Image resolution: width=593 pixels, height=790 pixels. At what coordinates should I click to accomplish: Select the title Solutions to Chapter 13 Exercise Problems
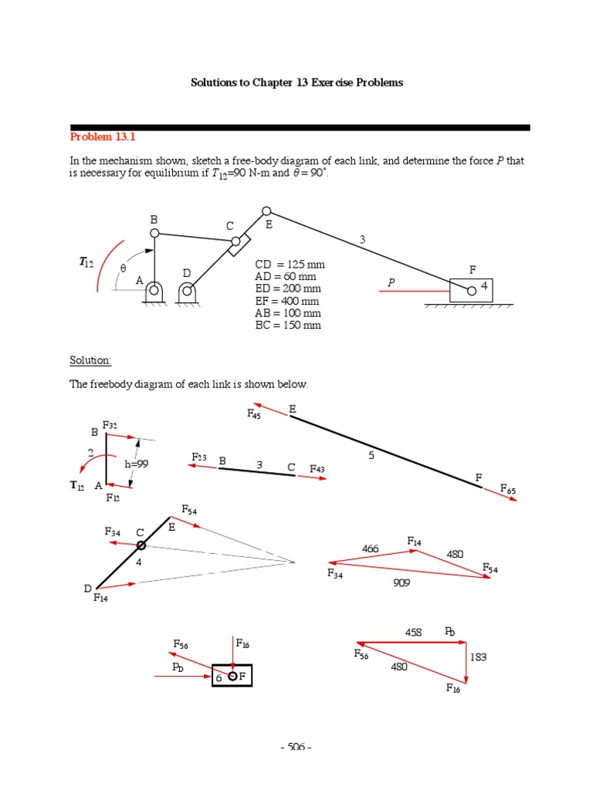point(296,83)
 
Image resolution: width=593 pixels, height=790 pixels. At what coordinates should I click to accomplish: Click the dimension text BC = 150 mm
point(287,326)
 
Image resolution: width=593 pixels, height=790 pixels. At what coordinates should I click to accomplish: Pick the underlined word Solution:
point(91,360)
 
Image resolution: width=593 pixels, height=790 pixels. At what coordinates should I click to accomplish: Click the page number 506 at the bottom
point(296,747)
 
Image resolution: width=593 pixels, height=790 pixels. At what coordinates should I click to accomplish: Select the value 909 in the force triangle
point(401,583)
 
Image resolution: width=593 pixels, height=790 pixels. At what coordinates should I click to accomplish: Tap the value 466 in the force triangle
point(370,549)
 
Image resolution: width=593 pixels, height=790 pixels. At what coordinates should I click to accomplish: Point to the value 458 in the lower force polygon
point(414,632)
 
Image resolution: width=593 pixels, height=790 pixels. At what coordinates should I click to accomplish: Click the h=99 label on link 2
point(135,464)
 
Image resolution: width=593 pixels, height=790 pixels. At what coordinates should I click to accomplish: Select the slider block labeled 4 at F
point(471,290)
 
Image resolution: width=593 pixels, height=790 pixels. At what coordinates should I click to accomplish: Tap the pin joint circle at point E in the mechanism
point(266,211)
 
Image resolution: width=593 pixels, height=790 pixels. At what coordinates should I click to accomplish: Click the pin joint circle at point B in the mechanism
point(154,233)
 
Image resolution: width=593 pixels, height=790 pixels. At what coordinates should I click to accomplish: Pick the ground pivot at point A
point(154,291)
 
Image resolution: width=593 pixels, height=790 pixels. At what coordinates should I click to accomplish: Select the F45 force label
point(255,414)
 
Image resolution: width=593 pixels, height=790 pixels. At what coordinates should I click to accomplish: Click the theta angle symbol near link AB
point(122,268)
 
